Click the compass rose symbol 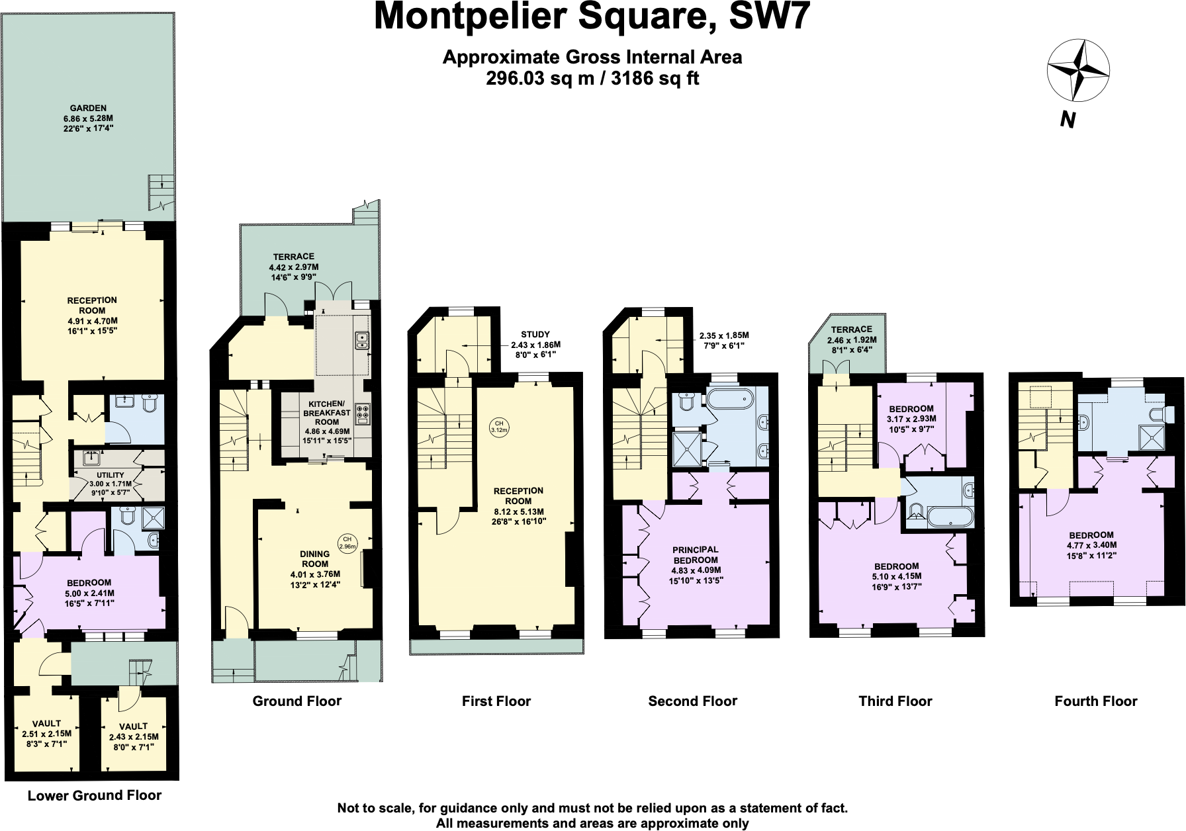(x=1077, y=70)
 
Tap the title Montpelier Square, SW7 (x=592, y=17)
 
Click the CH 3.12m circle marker (x=499, y=427)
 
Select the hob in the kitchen (x=363, y=414)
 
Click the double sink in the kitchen (x=362, y=340)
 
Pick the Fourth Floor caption (x=1095, y=701)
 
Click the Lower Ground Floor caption (x=95, y=795)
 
